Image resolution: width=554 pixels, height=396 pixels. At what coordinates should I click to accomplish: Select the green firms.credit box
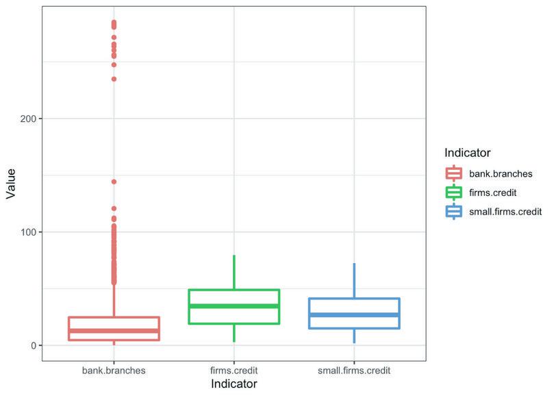click(234, 298)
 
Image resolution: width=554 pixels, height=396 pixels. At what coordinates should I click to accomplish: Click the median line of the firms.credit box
click(234, 306)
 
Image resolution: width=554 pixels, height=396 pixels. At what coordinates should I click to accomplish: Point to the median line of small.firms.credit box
click(354, 315)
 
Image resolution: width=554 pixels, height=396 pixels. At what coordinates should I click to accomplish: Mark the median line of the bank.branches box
click(114, 331)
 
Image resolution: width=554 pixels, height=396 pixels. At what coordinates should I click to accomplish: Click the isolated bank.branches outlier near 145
click(114, 182)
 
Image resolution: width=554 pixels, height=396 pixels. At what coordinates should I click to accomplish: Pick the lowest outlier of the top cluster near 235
click(114, 79)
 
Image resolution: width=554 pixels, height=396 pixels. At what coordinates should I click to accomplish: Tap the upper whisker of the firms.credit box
click(234, 273)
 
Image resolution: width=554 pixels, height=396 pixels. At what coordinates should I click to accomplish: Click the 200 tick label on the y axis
click(28, 119)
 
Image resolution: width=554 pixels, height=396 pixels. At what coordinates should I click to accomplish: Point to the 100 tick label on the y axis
click(28, 232)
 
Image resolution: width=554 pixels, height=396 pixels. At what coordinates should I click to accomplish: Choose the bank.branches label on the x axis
click(114, 371)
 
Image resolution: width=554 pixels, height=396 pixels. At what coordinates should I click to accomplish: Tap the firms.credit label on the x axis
click(234, 371)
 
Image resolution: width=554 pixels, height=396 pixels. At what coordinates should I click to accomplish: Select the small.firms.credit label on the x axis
click(354, 371)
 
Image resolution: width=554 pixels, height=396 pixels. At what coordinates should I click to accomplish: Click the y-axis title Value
click(10, 184)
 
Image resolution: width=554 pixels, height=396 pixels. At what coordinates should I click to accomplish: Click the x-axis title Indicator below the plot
click(234, 384)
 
